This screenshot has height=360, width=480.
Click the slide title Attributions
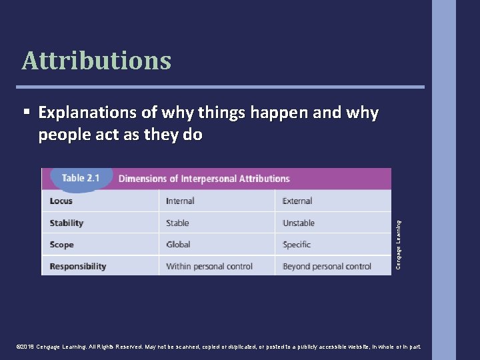pyautogui.click(x=97, y=61)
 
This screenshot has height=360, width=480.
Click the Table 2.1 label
pyautogui.click(x=80, y=178)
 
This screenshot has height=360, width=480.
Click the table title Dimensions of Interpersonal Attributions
pyautogui.click(x=203, y=179)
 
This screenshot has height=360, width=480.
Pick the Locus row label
pyautogui.click(x=61, y=201)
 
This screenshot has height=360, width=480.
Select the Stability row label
pyautogui.click(x=67, y=223)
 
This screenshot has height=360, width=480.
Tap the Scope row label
pyautogui.click(x=62, y=245)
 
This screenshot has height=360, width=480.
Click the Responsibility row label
pyautogui.click(x=78, y=266)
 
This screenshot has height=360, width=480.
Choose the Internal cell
pyautogui.click(x=180, y=201)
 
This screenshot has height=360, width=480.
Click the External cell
pyautogui.click(x=297, y=201)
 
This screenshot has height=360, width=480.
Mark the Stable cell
pyautogui.click(x=177, y=223)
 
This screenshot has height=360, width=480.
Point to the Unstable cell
pyautogui.click(x=299, y=223)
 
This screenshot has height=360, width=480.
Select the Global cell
pyautogui.click(x=178, y=245)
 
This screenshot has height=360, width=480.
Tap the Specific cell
pyautogui.click(x=297, y=245)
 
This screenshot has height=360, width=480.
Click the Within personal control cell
pyautogui.click(x=209, y=266)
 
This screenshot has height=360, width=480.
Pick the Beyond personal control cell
pyautogui.click(x=327, y=266)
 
